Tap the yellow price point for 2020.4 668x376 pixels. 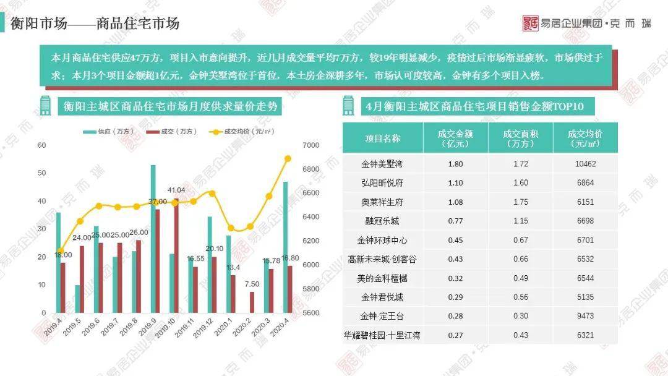point(288,158)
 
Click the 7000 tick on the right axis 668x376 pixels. point(310,145)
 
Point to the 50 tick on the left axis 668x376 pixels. point(42,173)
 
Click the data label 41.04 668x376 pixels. point(176,190)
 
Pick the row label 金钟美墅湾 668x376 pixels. point(383,164)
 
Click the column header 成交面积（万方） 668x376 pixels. point(520,138)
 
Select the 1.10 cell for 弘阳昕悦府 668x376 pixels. point(455,183)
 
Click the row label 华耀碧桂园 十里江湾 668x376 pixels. point(383,335)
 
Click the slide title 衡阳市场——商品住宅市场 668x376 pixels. point(95,23)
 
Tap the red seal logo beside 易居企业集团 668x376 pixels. point(531,23)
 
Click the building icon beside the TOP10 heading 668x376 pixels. point(349,106)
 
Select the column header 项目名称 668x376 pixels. point(383,138)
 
